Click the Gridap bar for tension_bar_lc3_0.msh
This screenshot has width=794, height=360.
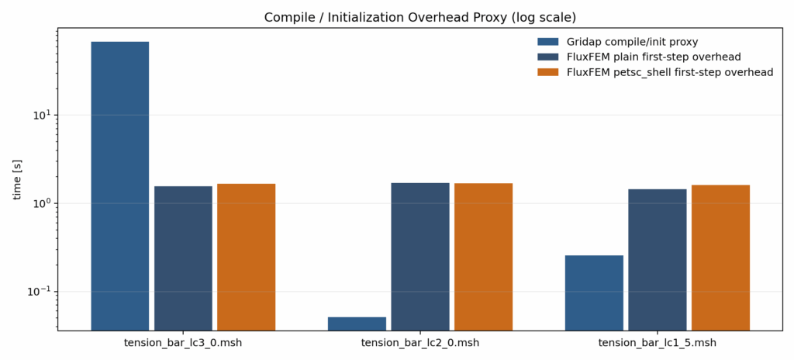click(119, 186)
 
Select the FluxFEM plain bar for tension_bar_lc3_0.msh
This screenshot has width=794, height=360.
click(183, 258)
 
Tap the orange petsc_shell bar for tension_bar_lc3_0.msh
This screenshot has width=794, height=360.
click(246, 257)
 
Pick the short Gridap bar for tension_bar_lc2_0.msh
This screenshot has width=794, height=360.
click(357, 324)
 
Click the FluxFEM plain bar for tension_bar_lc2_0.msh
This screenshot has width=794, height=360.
click(420, 257)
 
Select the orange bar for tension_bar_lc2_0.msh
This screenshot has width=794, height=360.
click(483, 257)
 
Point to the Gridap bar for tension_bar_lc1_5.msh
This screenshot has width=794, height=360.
click(594, 292)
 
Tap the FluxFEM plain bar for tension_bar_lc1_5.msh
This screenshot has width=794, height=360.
click(658, 260)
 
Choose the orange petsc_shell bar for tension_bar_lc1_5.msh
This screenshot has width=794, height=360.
click(720, 258)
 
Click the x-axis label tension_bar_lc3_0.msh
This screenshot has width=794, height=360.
click(183, 343)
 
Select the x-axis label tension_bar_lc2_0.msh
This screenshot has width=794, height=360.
click(420, 343)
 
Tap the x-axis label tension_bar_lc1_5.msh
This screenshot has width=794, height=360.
click(658, 343)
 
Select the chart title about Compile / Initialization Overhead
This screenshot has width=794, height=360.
click(420, 17)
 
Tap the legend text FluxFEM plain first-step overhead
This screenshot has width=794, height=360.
click(654, 57)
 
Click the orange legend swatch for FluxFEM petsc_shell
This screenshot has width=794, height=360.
click(547, 72)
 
